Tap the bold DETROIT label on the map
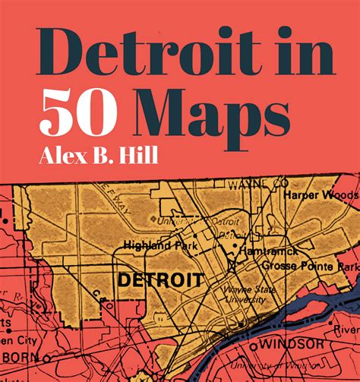(161, 279)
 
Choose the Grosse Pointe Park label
(308, 267)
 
